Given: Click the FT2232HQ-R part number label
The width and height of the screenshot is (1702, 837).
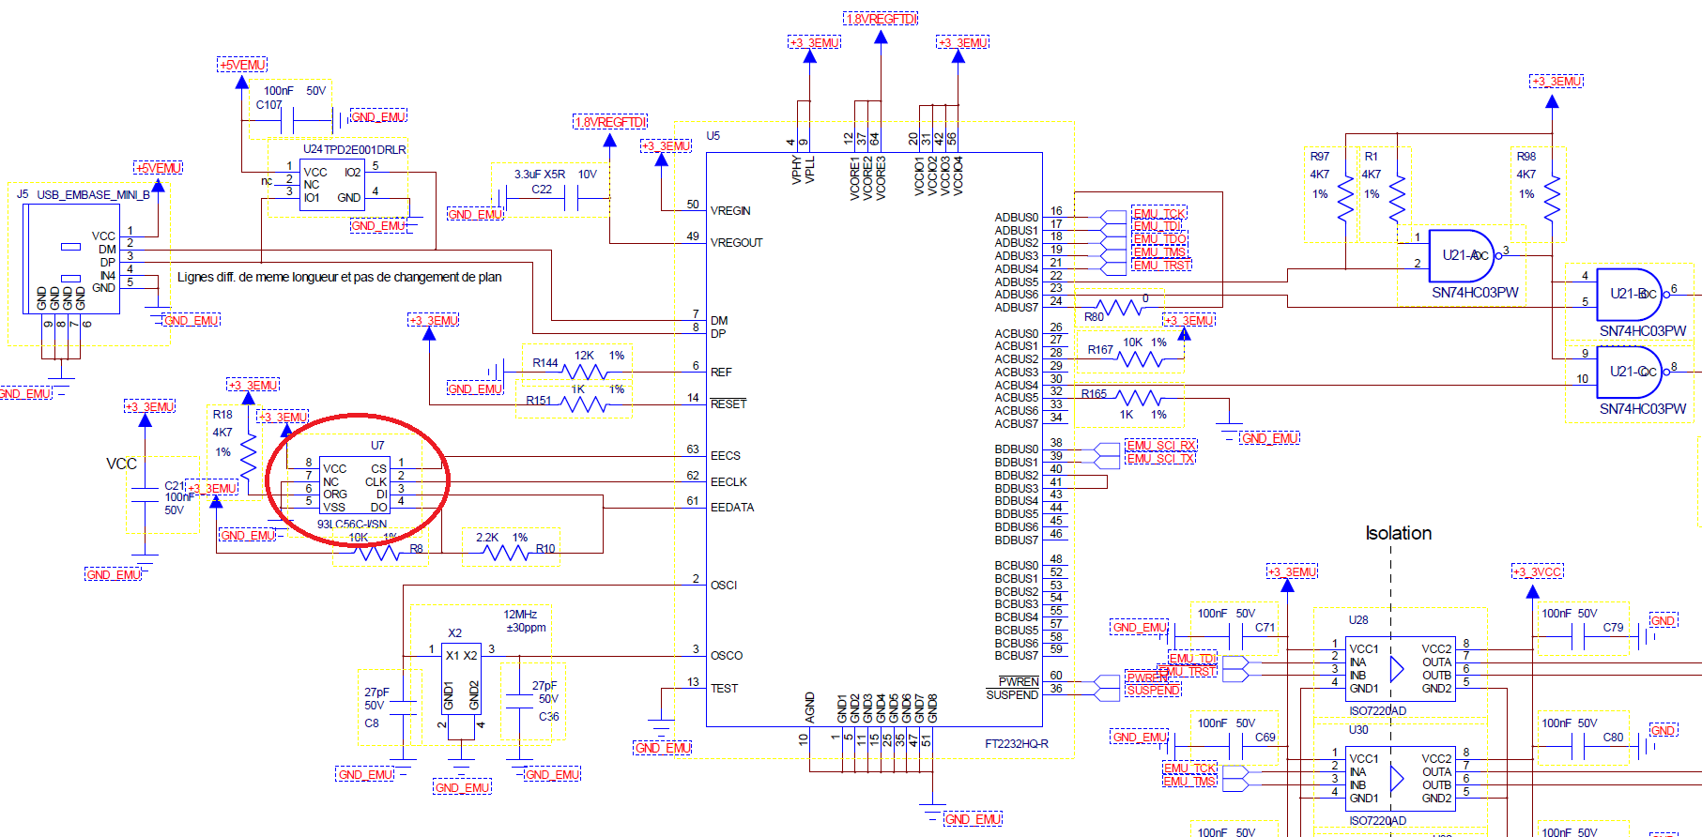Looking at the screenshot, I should (1016, 744).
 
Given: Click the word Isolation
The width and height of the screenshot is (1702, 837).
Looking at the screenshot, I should (1398, 533).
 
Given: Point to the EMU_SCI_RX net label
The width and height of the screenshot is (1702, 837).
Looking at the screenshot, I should (1161, 445).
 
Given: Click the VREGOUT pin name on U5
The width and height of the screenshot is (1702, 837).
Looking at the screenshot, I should (736, 243).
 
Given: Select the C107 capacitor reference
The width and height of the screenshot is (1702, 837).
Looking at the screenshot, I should (268, 105).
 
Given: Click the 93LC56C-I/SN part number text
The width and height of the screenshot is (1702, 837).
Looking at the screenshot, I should (352, 525).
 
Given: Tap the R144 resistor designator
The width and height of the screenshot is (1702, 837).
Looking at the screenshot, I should (544, 363).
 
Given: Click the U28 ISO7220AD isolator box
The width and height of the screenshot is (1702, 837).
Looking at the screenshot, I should (1402, 668).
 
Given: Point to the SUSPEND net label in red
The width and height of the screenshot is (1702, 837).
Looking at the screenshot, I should (1153, 691).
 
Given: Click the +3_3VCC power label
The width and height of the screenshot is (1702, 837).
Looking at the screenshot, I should (1537, 572).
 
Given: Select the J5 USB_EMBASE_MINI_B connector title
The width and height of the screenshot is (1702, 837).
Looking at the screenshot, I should (84, 195).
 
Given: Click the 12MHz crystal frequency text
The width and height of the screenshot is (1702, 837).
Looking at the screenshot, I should (520, 615).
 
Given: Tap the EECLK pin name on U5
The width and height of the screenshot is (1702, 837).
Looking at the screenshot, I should (728, 482).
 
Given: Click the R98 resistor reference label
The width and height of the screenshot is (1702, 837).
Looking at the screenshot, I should (1526, 157).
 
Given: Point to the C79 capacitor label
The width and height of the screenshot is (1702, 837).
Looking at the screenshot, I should (1613, 628).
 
